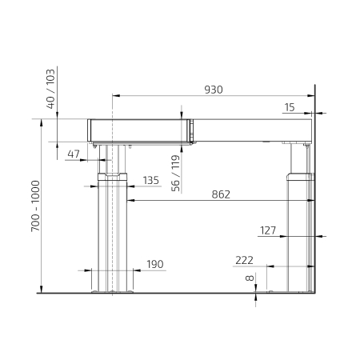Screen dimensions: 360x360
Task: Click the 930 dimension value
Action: pos(214,90)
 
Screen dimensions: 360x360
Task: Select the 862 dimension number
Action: pos(221,194)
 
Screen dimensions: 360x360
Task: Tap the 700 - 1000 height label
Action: pos(35,206)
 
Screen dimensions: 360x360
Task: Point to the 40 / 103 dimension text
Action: pos(50,89)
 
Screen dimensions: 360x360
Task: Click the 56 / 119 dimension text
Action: pos(175,174)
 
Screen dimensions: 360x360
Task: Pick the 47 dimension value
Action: pos(74,154)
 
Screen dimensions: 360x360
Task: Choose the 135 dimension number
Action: pos(151,180)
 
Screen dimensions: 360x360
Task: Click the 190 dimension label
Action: pos(155,264)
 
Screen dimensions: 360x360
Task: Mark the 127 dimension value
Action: pos(268,230)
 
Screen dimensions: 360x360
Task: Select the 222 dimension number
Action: pos(244,260)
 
